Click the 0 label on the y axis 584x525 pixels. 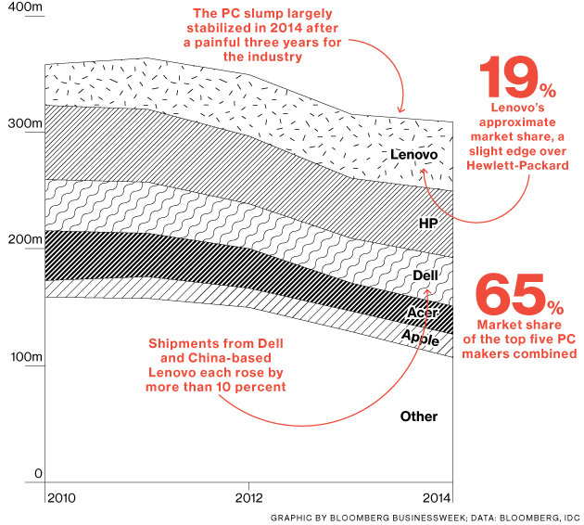click(x=39, y=474)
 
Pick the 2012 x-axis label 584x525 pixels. click(x=248, y=498)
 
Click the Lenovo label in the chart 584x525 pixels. click(x=413, y=153)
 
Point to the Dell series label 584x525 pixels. click(x=425, y=275)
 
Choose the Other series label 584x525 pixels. click(x=418, y=416)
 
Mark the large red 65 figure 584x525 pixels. click(x=508, y=296)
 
